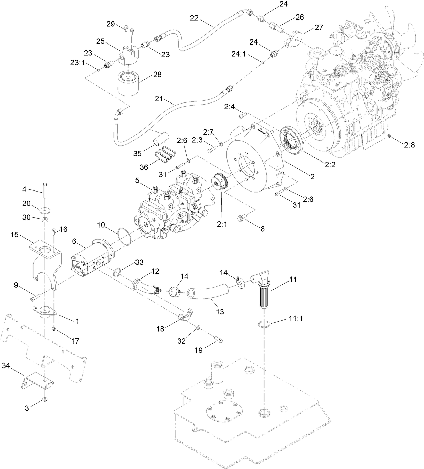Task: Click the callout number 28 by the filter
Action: pos(157,75)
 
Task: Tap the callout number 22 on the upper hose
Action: pos(194,18)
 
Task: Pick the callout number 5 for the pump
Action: pos(137,180)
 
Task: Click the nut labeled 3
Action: pos(44,400)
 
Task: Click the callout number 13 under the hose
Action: pos(220,312)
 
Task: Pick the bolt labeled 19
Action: pos(218,340)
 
